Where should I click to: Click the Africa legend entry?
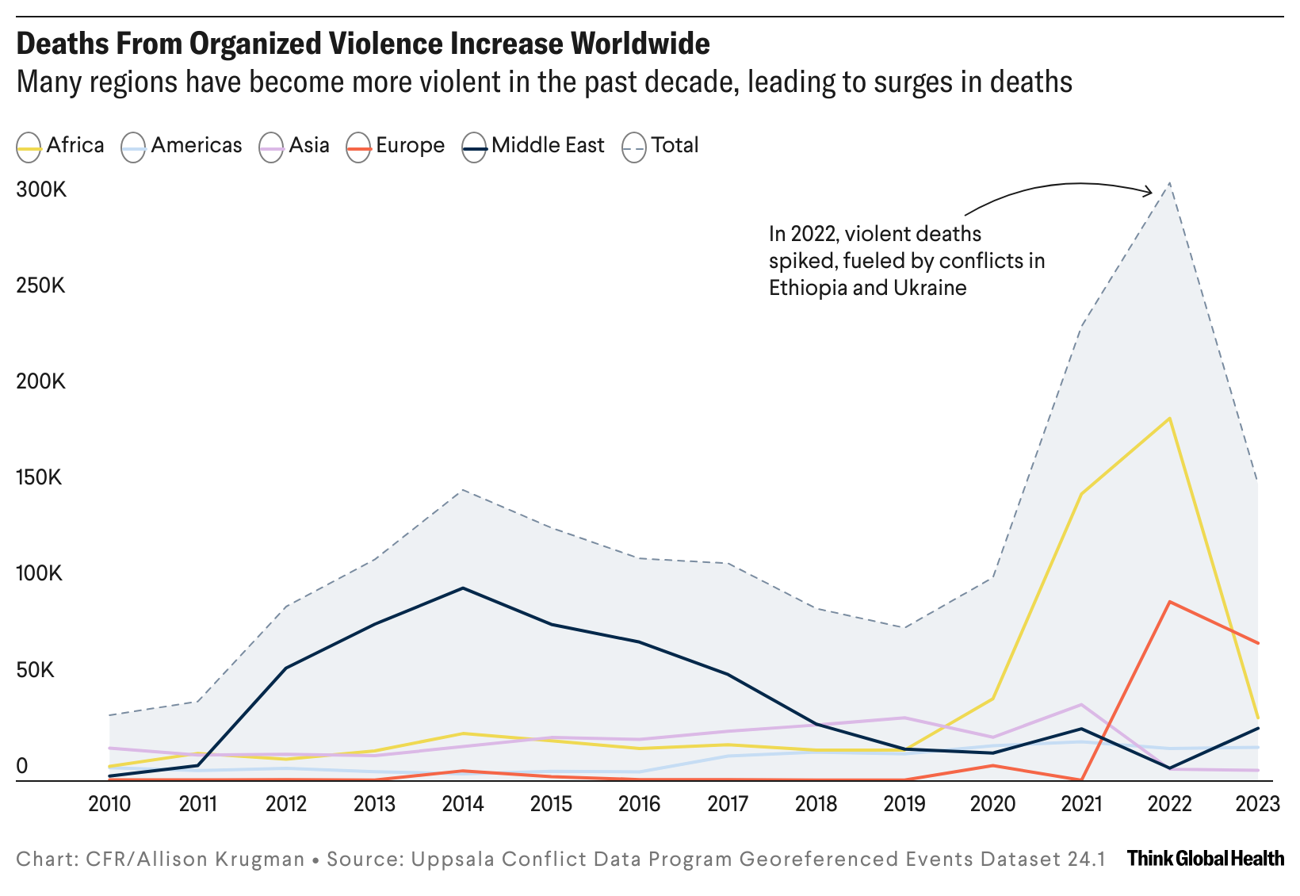pyautogui.click(x=61, y=146)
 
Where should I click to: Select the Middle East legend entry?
pyautogui.click(x=533, y=146)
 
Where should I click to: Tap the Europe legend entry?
pyautogui.click(x=396, y=146)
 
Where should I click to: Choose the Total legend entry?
pyautogui.click(x=661, y=146)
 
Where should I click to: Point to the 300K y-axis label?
pyautogui.click(x=41, y=190)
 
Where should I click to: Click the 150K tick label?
pyautogui.click(x=40, y=478)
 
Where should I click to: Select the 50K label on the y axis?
pyautogui.click(x=36, y=670)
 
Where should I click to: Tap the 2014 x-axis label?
pyautogui.click(x=463, y=804)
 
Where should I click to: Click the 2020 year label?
pyautogui.click(x=992, y=804)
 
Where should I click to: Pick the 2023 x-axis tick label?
pyautogui.click(x=1258, y=804)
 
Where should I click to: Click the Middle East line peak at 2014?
pyautogui.click(x=463, y=588)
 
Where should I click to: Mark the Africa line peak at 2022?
pyautogui.click(x=1169, y=418)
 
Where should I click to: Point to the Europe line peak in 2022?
pyautogui.click(x=1169, y=602)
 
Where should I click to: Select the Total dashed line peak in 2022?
pyautogui.click(x=1169, y=184)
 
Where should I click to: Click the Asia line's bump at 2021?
pyautogui.click(x=1080, y=705)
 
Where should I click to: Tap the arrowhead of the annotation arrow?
pyautogui.click(x=1149, y=191)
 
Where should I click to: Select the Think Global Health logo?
pyautogui.click(x=1205, y=858)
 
